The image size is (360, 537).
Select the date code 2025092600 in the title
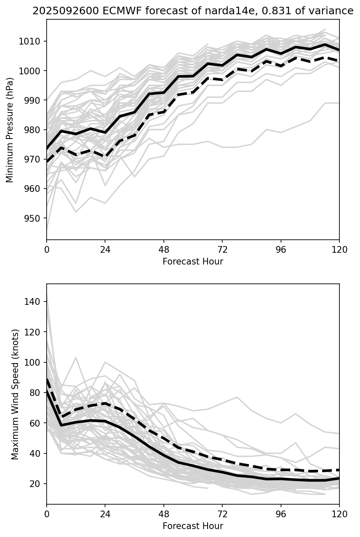(59, 11)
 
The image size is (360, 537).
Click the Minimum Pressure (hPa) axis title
(10, 130)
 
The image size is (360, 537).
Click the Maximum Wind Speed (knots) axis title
(15, 394)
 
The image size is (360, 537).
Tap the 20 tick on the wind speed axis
(38, 484)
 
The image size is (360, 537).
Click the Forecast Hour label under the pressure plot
(193, 262)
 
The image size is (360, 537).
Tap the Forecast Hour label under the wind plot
(193, 526)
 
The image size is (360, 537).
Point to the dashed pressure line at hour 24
(105, 156)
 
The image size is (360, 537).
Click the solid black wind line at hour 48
(164, 456)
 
